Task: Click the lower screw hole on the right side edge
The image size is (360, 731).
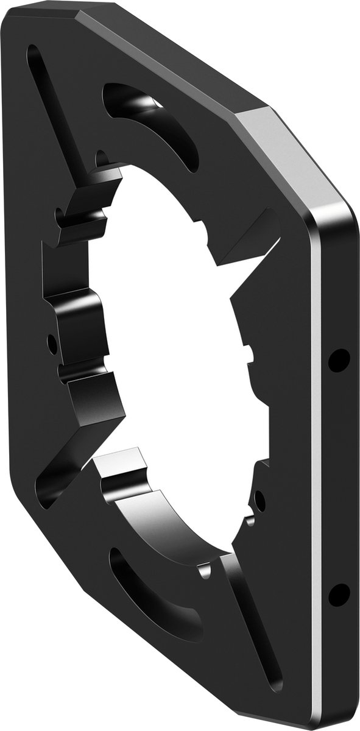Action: [x=339, y=594]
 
